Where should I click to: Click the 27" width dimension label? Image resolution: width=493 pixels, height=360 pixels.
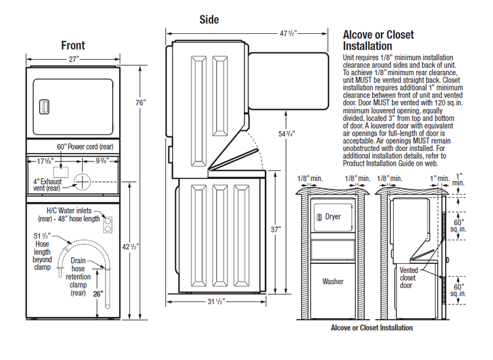(x=73, y=59)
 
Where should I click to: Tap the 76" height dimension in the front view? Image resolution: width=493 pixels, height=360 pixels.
(x=141, y=103)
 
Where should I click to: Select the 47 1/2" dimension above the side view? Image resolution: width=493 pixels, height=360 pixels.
(x=288, y=33)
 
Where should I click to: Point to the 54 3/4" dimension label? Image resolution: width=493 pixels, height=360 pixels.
(x=287, y=134)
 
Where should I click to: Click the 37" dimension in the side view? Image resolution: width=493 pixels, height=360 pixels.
(x=275, y=229)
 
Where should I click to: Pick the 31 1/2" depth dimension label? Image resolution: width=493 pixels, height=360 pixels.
(x=216, y=301)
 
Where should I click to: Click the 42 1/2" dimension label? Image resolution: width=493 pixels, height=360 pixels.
(x=130, y=247)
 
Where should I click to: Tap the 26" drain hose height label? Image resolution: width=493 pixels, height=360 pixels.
(x=98, y=294)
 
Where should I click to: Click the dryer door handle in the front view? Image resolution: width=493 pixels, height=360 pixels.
(x=44, y=107)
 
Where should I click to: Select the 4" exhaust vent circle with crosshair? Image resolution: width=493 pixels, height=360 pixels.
(x=82, y=182)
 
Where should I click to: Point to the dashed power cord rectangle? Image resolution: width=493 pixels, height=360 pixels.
(x=60, y=173)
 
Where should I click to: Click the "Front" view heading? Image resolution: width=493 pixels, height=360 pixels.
(x=73, y=45)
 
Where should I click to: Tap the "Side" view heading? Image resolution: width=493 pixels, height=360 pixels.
(x=209, y=20)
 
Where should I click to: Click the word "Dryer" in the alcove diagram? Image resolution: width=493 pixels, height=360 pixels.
(x=333, y=216)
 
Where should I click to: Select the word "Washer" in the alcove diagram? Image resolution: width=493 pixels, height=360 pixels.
(x=333, y=281)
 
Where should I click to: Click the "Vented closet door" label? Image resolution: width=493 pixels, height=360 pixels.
(x=409, y=278)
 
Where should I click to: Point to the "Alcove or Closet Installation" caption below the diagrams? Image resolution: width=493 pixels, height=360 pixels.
(x=372, y=327)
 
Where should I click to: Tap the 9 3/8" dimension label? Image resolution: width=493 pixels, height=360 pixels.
(x=102, y=161)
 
